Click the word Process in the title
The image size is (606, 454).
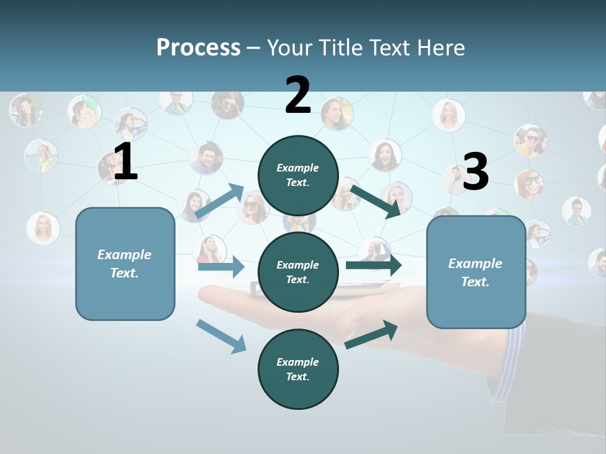198,47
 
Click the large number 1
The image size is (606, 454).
126,162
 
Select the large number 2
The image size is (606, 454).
298,95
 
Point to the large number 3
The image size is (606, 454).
476,172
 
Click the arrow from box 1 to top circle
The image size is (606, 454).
220,201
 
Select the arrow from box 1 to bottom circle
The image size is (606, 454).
221,335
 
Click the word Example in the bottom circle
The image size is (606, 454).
298,362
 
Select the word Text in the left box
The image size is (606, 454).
124,274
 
